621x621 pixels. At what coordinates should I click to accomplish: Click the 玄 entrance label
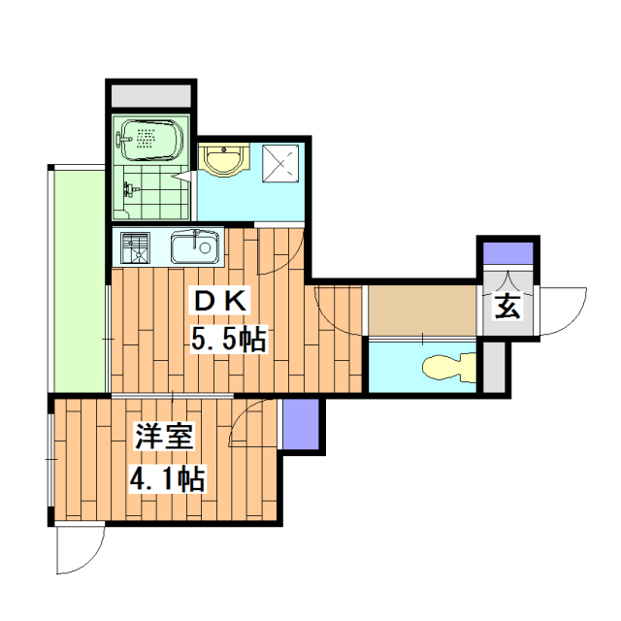508,309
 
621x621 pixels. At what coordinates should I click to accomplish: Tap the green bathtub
148,142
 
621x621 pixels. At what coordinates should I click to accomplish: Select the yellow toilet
446,368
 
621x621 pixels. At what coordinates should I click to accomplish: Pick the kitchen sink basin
194,248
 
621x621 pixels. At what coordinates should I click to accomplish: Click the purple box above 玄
507,254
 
